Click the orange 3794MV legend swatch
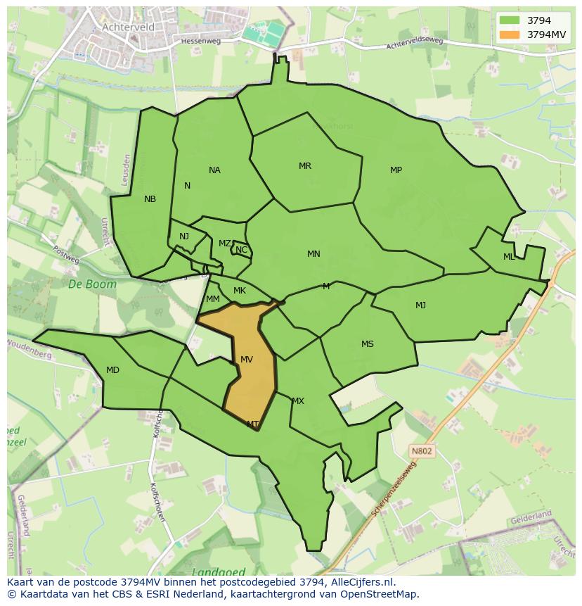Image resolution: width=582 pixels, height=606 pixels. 511,34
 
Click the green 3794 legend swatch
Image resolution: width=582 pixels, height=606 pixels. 511,20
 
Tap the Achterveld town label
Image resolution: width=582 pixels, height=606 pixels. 128,27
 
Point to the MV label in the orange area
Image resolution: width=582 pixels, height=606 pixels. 247,360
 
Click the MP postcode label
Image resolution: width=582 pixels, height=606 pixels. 396,170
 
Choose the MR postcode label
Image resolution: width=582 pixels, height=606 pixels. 305,166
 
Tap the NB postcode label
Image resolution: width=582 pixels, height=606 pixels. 150,199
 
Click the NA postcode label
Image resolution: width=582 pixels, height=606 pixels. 214,170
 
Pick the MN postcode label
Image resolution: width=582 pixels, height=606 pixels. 313,254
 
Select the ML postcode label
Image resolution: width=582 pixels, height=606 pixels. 509,257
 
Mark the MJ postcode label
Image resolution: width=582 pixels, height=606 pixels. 420,305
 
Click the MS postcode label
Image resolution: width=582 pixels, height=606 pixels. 368,344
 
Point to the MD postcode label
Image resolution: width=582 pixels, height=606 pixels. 112,370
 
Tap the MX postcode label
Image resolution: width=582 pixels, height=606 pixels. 298,401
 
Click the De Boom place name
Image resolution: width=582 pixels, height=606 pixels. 83,284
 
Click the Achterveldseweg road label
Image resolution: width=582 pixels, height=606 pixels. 415,44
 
